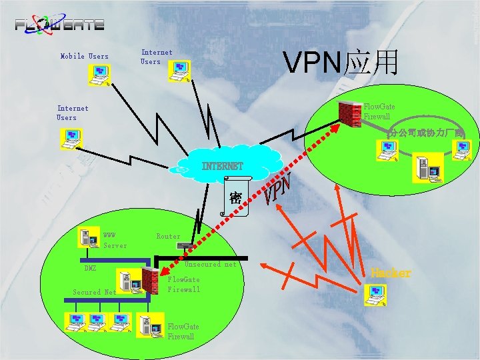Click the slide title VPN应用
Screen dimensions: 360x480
point(341,63)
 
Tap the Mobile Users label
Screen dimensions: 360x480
point(84,57)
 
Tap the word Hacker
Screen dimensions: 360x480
point(391,273)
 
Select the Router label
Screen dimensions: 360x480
point(168,236)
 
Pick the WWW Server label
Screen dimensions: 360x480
point(115,240)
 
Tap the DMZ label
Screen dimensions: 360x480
point(89,268)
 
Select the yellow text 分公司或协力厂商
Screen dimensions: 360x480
point(425,132)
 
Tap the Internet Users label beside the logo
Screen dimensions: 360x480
point(157,57)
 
